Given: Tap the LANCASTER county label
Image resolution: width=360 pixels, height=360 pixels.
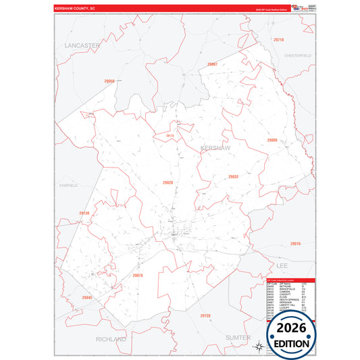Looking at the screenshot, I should (82, 45).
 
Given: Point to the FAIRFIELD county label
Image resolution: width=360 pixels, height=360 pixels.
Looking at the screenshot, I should (69, 184).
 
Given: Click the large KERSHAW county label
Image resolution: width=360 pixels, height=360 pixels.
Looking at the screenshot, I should (215, 147).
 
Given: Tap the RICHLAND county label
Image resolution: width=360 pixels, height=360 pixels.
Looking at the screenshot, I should (111, 339).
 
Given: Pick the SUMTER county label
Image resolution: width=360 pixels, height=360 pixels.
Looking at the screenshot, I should (238, 337).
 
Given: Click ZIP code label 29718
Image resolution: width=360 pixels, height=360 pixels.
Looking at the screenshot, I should (278, 41).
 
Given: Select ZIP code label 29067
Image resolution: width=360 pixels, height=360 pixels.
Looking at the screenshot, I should (212, 63).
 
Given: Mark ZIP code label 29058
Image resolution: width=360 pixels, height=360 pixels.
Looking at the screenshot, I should (109, 81).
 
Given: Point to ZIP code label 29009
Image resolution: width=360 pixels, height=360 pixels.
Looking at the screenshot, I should (272, 140).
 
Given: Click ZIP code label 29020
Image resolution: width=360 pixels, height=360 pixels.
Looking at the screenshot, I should (168, 182).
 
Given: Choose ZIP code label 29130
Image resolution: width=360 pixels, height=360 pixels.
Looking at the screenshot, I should (84, 213).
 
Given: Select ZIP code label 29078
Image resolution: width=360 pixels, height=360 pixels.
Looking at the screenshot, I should (138, 276).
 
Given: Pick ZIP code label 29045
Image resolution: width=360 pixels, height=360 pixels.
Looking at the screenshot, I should (86, 298).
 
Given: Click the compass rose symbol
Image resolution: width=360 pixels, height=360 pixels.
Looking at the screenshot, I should (258, 347).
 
